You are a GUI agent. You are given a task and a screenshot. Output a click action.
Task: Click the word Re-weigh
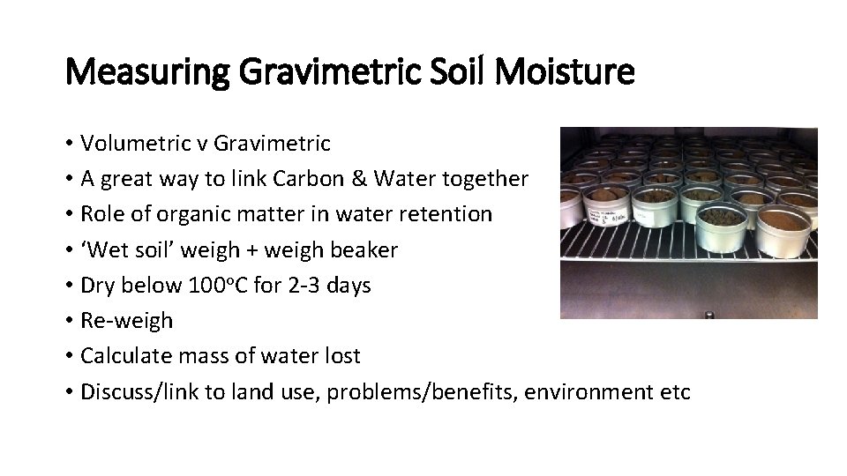[x=126, y=321]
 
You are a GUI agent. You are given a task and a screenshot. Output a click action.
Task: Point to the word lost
[x=342, y=356]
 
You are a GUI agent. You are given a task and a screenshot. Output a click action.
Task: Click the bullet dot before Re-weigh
[x=69, y=321]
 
